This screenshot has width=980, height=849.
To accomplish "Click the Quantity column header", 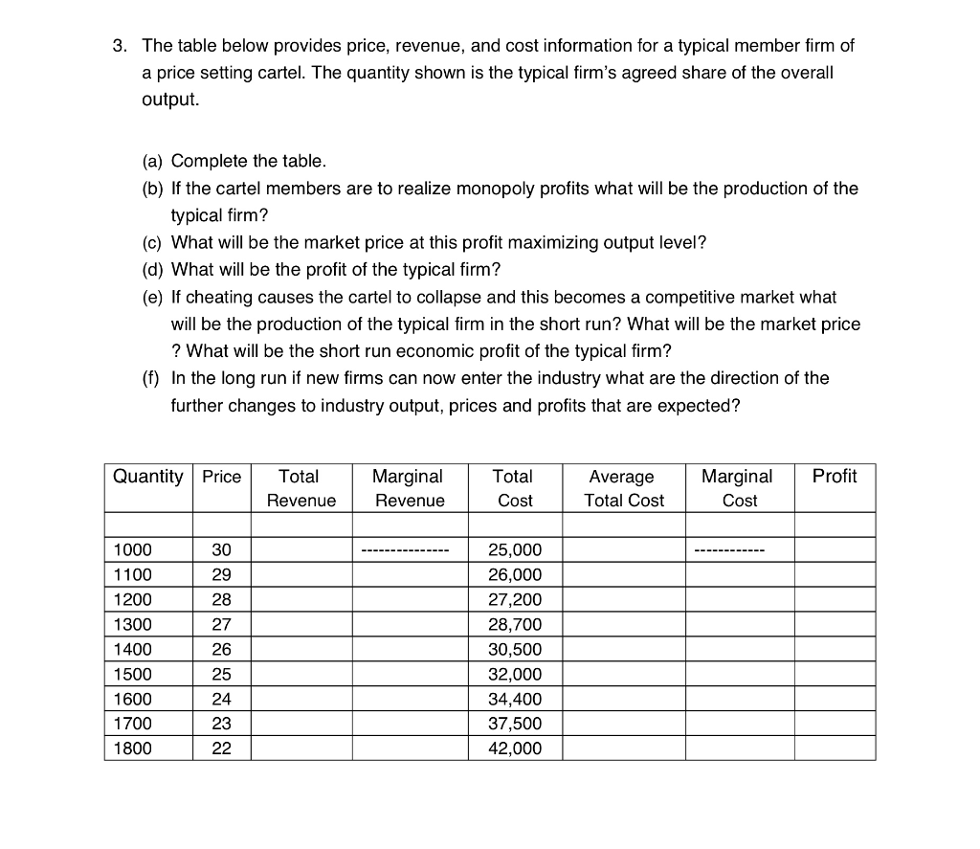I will (x=147, y=476).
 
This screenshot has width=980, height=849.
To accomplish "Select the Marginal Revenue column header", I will (x=409, y=487).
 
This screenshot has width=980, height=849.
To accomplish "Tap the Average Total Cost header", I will (x=623, y=487).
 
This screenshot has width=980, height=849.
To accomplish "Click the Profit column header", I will (x=834, y=476).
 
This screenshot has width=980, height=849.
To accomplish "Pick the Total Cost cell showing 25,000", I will (x=514, y=549).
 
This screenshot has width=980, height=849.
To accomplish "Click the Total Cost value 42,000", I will (x=514, y=748).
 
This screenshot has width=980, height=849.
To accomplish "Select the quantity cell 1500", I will (x=132, y=674).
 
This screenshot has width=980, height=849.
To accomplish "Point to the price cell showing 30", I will (x=221, y=549).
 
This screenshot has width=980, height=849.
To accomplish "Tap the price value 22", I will (x=221, y=748).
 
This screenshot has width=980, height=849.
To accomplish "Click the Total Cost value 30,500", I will (x=514, y=649).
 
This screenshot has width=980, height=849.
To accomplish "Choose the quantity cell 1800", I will (x=132, y=748).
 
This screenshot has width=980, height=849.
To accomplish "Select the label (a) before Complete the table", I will (x=153, y=160).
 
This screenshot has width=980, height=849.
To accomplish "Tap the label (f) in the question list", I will (x=152, y=378).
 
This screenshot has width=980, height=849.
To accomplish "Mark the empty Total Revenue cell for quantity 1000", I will (x=301, y=549).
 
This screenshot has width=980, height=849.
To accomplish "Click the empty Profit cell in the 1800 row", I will (x=834, y=748).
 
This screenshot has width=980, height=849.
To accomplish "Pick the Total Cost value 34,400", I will (x=514, y=699).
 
